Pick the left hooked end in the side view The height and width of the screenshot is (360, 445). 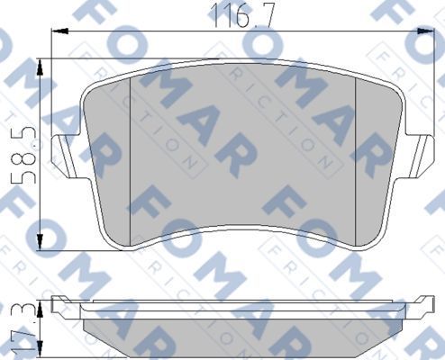58,305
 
